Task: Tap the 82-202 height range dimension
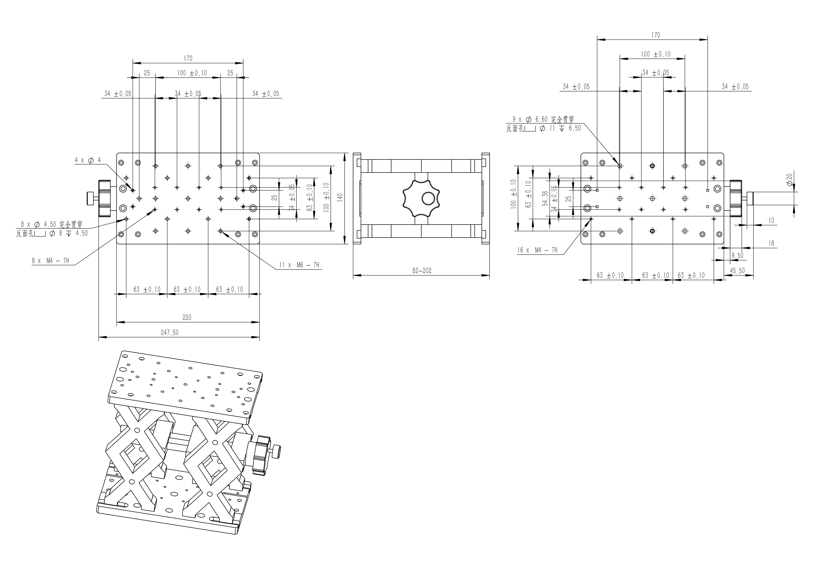[x=422, y=271]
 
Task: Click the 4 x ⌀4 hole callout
[x=88, y=160]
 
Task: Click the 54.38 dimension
[x=545, y=199]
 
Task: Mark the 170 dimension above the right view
[x=656, y=35]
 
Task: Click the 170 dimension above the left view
[x=188, y=58]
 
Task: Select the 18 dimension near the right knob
[x=771, y=243]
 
